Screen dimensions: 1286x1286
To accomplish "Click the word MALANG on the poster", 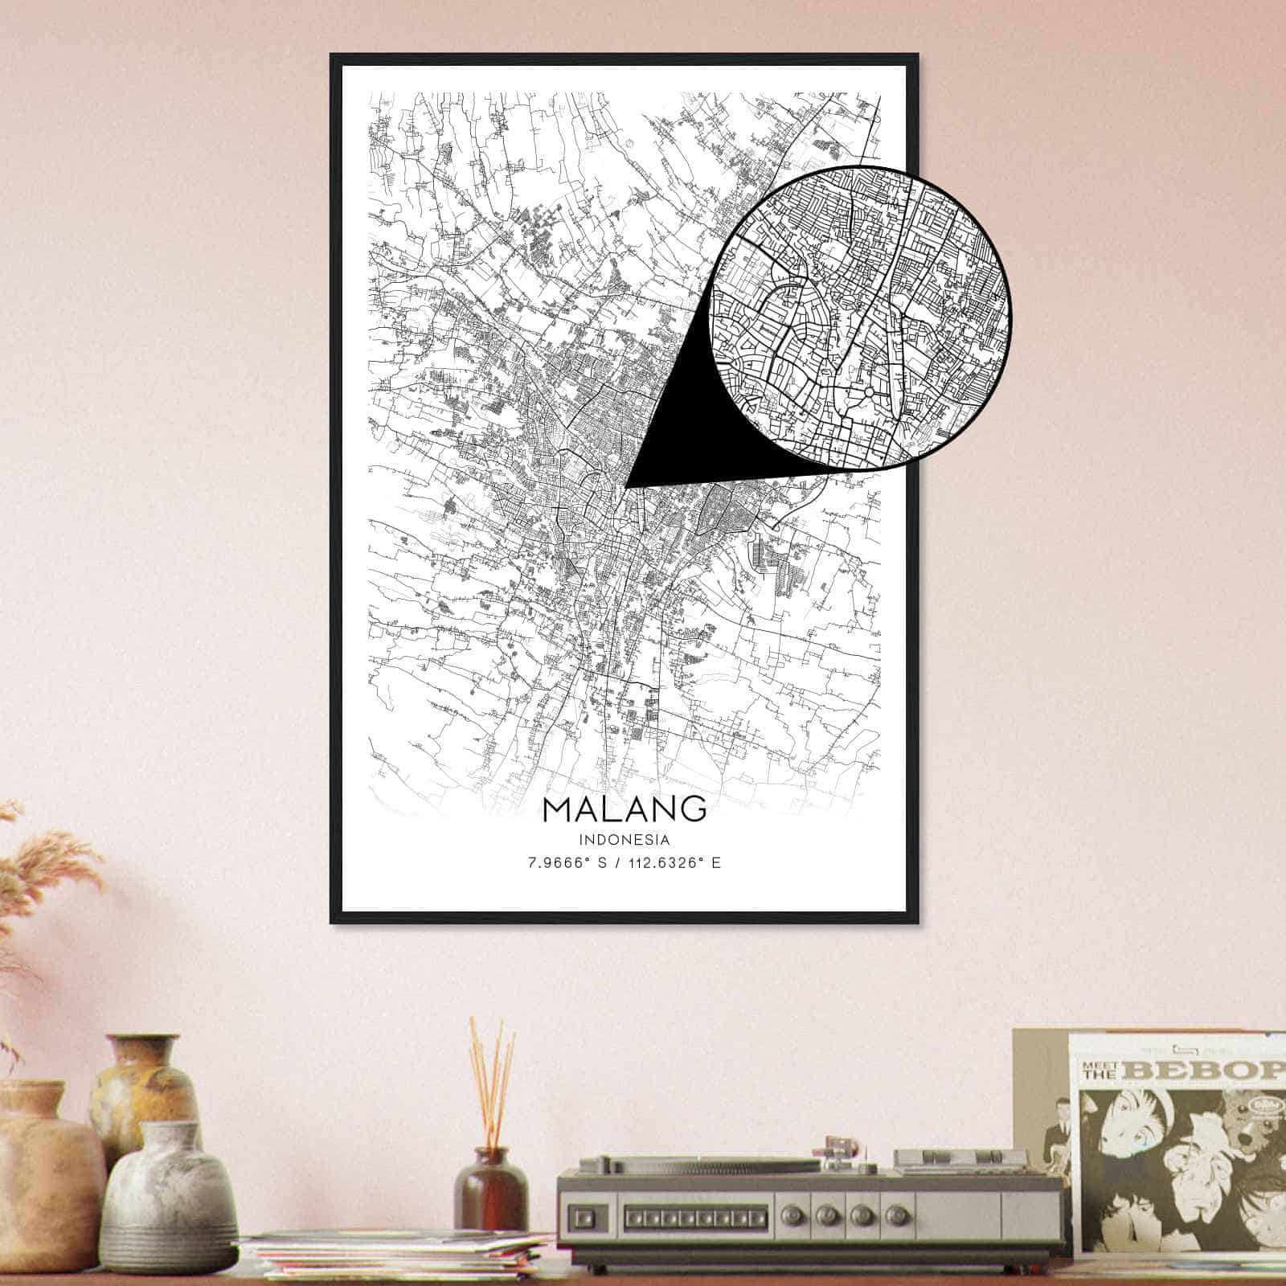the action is (625, 809).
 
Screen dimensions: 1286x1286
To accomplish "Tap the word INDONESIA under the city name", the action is (625, 840).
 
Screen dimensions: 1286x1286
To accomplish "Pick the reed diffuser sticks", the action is (491, 1081).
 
